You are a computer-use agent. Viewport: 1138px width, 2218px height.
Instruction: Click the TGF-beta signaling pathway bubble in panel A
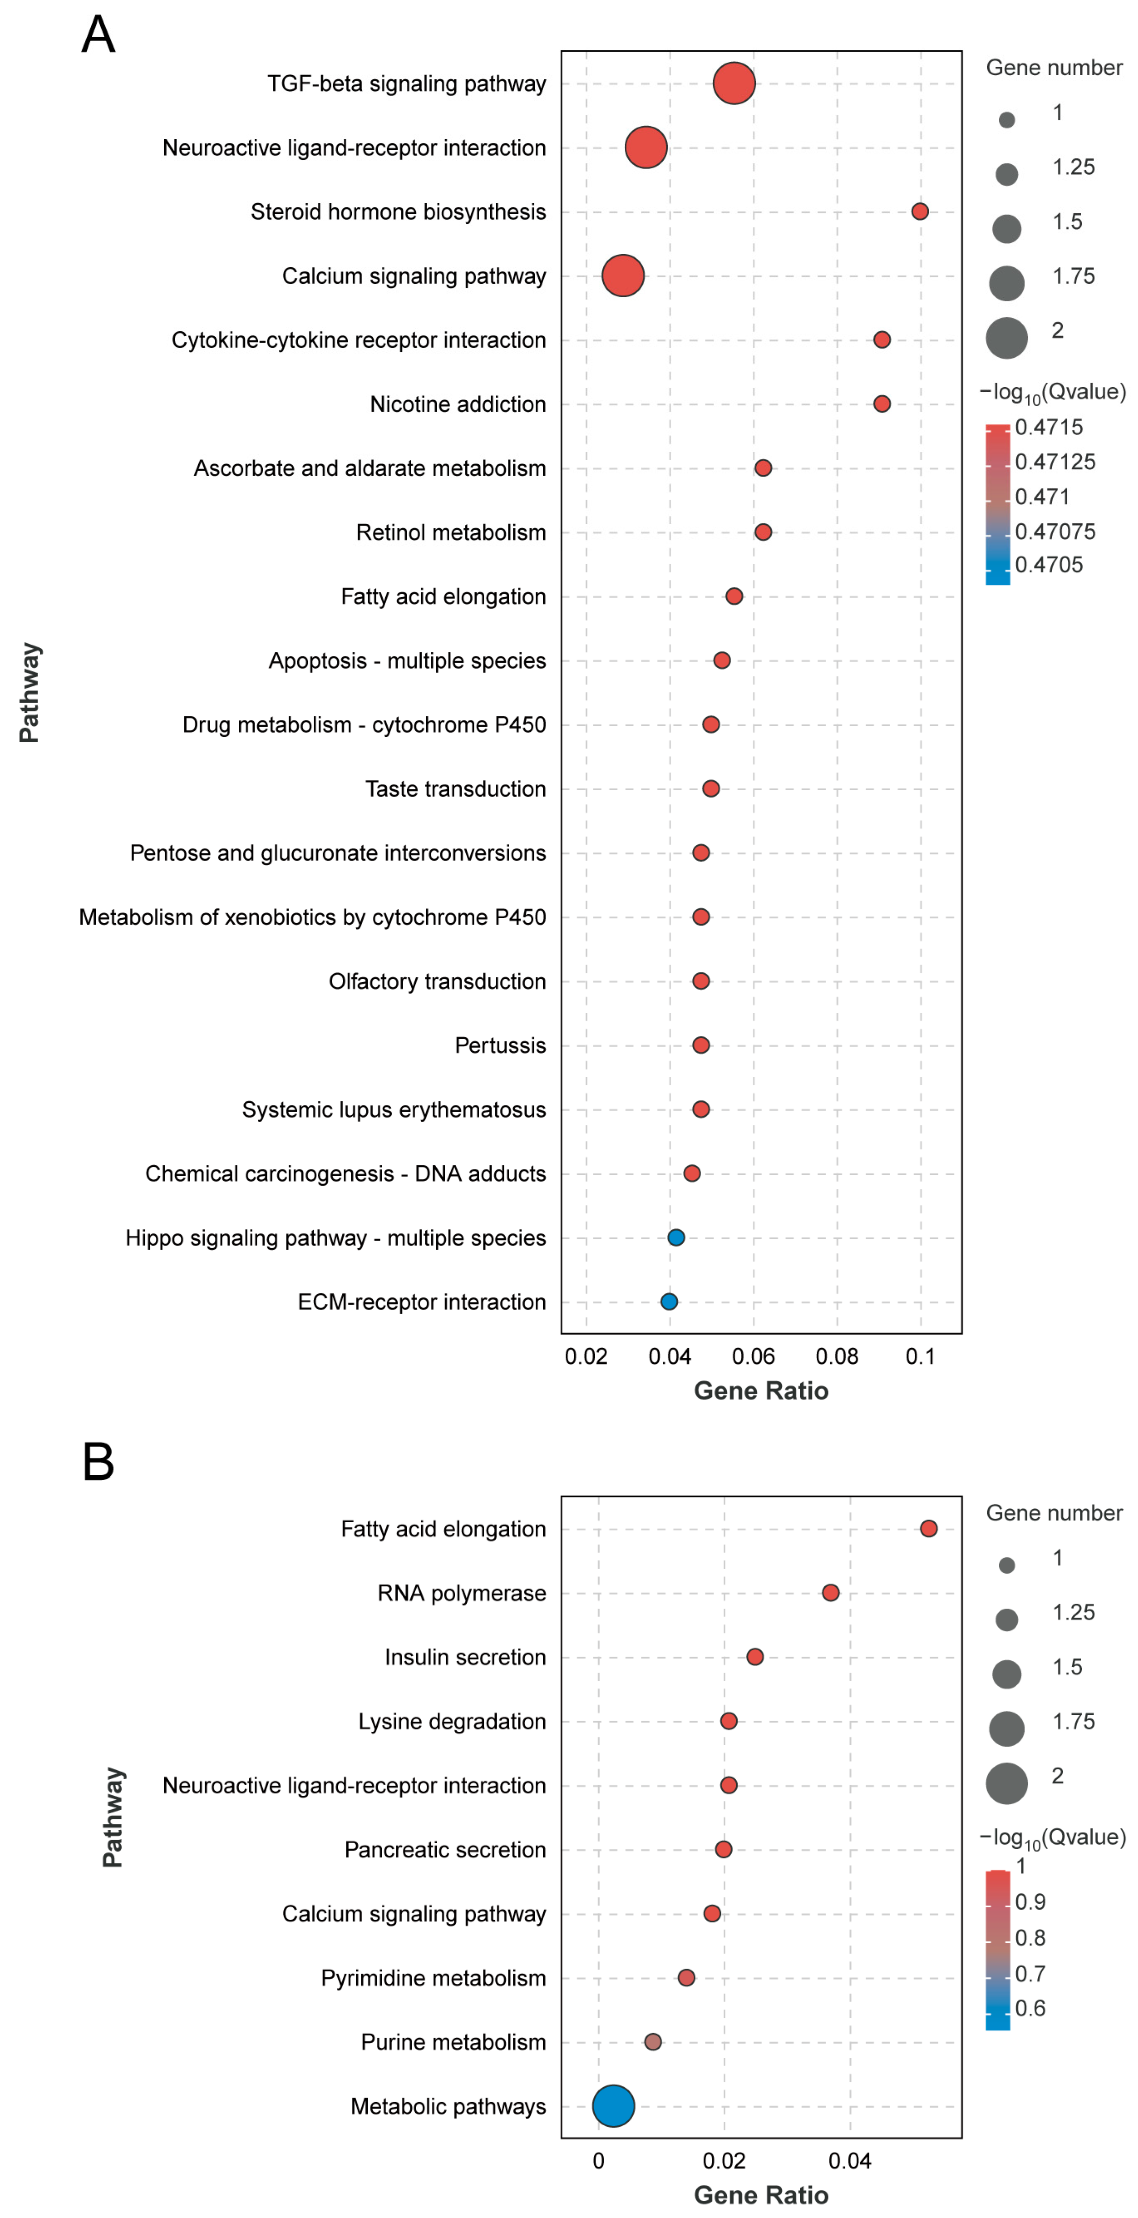coord(733,84)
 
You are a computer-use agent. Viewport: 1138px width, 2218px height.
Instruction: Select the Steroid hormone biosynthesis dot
coord(919,212)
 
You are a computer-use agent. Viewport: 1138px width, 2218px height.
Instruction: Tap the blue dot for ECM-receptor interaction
coord(669,1301)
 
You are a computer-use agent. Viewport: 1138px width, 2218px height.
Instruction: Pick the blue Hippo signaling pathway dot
coord(676,1237)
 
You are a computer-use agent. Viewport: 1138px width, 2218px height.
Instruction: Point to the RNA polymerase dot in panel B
coord(830,1592)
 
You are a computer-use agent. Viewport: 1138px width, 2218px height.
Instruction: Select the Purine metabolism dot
coord(652,2042)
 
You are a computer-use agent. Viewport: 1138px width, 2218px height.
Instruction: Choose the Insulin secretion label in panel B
coord(465,1657)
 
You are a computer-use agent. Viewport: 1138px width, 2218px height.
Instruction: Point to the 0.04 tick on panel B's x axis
coord(850,2160)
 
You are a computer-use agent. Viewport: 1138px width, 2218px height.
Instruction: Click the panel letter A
coord(98,35)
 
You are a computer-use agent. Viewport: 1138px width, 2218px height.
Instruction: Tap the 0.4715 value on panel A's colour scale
coord(1048,427)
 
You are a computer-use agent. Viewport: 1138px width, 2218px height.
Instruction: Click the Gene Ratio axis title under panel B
coord(761,2195)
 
